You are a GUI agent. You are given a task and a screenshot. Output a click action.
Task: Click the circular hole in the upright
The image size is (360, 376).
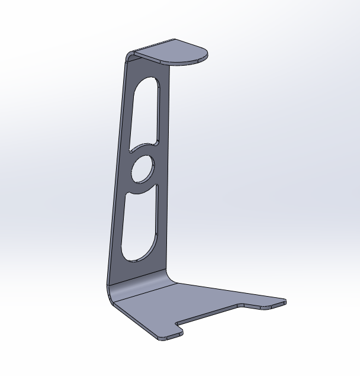[142, 169]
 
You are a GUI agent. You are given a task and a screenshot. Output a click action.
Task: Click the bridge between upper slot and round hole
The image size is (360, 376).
[144, 149]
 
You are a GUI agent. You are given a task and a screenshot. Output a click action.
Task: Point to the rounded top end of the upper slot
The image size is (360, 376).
[148, 83]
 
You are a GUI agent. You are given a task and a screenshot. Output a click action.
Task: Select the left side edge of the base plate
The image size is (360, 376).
[133, 320]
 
